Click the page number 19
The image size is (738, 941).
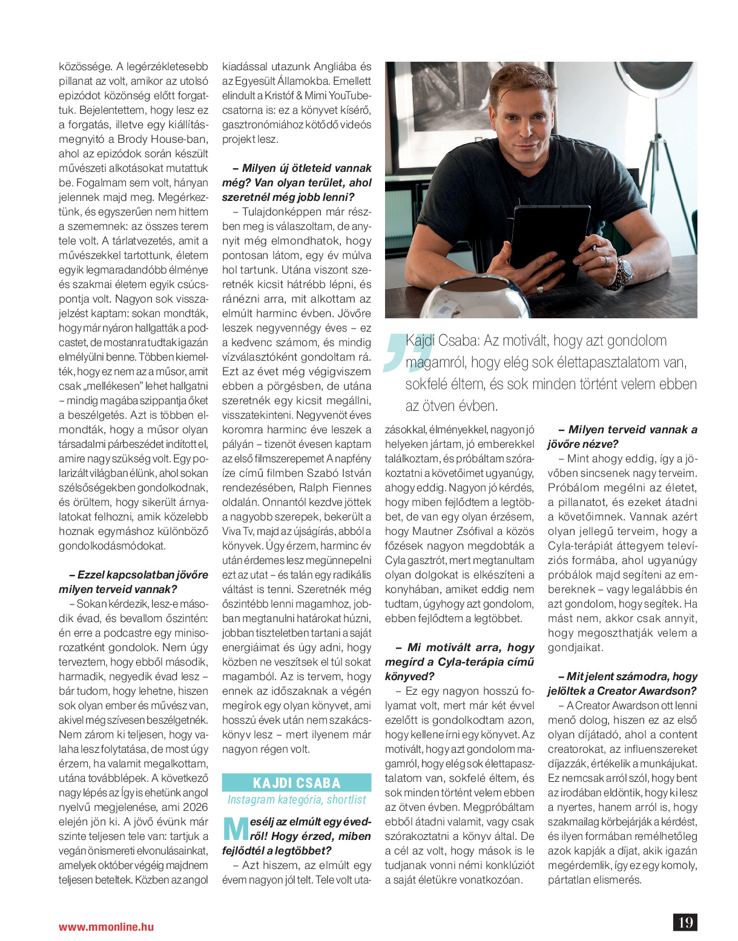click(685, 922)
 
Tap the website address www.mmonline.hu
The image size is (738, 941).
click(106, 926)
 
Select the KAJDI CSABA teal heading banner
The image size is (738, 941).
click(297, 782)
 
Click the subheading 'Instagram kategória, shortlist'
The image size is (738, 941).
click(297, 799)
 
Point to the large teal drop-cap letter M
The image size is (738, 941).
click(235, 828)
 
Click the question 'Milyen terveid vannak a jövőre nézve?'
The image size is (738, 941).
click(622, 436)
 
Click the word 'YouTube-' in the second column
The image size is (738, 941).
click(351, 96)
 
